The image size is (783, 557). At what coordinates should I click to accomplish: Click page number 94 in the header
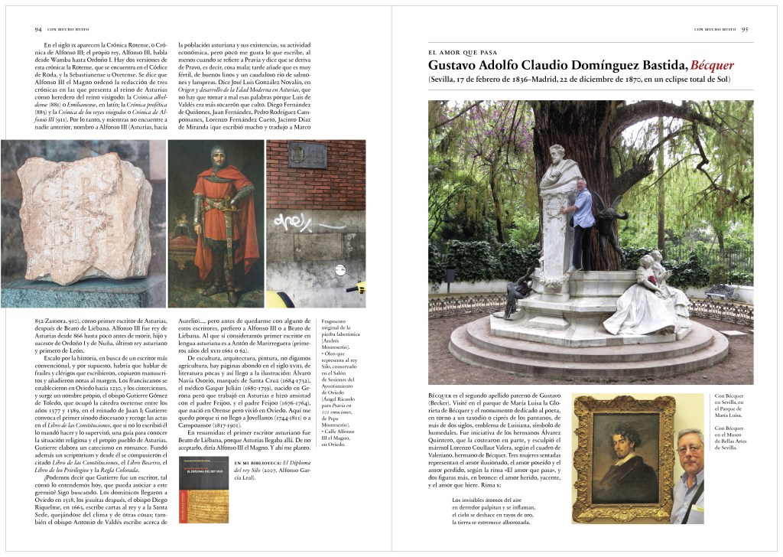click(37, 30)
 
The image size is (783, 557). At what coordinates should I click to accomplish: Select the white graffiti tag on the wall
click(294, 222)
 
